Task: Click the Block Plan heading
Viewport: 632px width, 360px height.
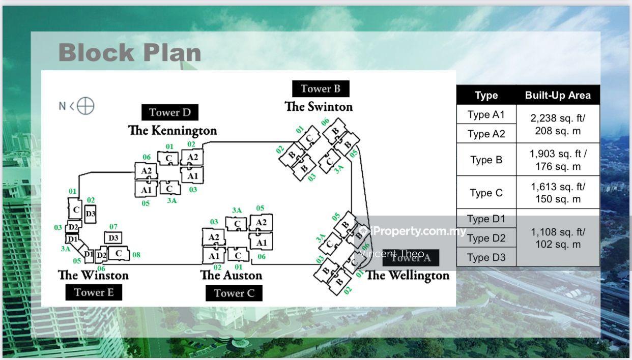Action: (130, 53)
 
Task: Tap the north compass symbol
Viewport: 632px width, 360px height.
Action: (85, 106)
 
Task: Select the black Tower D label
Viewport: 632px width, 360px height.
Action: (170, 112)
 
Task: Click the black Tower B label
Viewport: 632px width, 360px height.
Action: (321, 88)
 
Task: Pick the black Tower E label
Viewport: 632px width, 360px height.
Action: (94, 292)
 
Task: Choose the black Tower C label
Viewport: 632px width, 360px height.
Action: (234, 293)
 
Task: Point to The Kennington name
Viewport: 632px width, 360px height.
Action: (173, 130)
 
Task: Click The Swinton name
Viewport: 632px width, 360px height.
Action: (319, 107)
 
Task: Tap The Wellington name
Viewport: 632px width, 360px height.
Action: (408, 276)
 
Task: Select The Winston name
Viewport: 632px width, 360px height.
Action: (93, 275)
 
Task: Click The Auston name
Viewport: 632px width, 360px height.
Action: (231, 275)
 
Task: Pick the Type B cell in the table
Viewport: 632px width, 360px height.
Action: (486, 160)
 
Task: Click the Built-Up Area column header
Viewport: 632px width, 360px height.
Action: (558, 95)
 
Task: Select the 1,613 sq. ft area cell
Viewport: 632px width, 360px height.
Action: (558, 193)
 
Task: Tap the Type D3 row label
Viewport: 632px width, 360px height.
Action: (486, 257)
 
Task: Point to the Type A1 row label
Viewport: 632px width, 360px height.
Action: (486, 114)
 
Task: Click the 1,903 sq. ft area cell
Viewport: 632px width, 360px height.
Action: (558, 160)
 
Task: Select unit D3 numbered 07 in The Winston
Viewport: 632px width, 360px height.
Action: (113, 237)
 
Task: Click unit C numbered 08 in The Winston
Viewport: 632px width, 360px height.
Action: (119, 253)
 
